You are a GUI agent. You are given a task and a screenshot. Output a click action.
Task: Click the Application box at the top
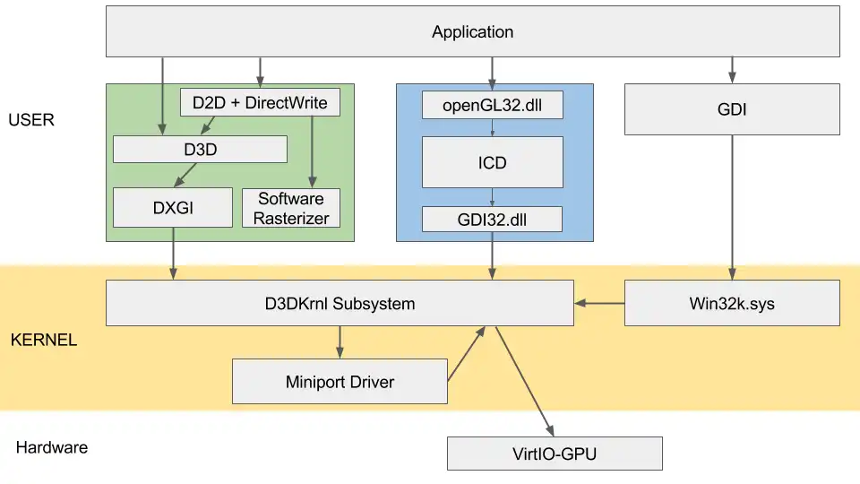[472, 32]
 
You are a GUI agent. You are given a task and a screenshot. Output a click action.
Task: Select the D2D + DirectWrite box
[260, 102]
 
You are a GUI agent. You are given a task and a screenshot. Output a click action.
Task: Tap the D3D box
[200, 150]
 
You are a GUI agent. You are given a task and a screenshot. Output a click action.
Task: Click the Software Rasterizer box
[292, 208]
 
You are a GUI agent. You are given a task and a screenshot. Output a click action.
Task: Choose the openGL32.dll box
[492, 105]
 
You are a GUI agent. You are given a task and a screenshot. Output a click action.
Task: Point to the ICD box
[492, 162]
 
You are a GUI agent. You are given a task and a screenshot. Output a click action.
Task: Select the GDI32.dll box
[492, 220]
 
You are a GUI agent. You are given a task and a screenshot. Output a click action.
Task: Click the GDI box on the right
[732, 109]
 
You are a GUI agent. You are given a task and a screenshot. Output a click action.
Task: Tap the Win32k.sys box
[732, 303]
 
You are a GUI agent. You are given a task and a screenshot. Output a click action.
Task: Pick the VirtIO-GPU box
[555, 454]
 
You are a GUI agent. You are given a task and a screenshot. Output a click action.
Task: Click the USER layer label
[31, 119]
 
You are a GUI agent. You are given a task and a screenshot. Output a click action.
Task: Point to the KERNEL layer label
[43, 341]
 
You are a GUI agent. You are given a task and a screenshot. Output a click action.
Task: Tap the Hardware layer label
[52, 447]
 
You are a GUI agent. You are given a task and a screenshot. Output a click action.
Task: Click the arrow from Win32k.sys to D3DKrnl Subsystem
[599, 303]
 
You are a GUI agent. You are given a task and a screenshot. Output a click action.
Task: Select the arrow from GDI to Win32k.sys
[732, 207]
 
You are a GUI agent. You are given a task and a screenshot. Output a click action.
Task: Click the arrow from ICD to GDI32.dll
[492, 196]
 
